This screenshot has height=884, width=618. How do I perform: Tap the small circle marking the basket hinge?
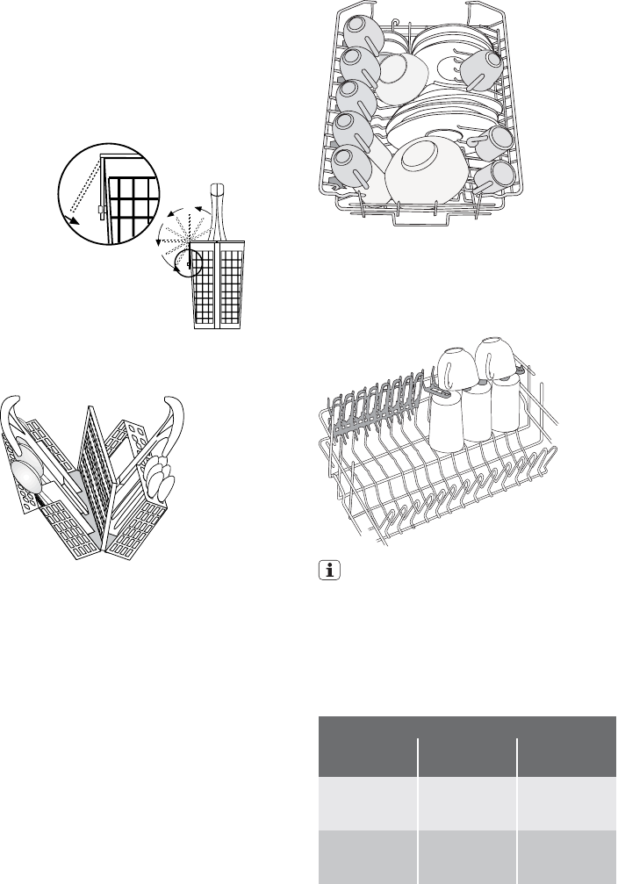tap(187, 262)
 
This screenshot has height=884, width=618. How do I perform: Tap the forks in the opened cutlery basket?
tap(161, 479)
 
